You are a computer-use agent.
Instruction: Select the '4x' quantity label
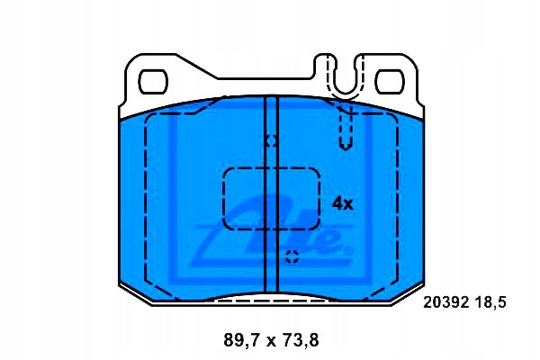point(342,204)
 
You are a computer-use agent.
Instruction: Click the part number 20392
point(446,302)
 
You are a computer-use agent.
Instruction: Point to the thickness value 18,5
point(490,302)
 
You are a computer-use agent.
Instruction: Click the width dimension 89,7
point(243,340)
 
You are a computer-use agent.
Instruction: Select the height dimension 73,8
point(300,340)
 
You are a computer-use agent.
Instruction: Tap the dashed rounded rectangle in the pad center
point(224,199)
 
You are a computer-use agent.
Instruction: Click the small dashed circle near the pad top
point(271,140)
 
